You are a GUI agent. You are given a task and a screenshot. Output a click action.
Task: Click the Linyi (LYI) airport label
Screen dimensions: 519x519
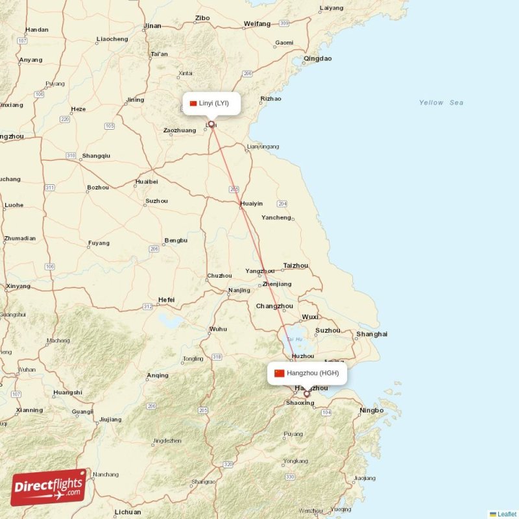[213, 103]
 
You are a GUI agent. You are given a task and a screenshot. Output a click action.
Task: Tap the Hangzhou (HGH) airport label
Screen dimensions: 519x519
[312, 373]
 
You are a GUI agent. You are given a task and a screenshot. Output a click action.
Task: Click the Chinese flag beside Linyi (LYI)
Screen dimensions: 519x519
[193, 103]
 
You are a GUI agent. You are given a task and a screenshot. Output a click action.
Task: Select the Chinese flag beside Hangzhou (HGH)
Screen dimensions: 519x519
[280, 373]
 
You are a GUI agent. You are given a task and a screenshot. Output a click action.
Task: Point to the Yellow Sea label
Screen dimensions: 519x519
[441, 103]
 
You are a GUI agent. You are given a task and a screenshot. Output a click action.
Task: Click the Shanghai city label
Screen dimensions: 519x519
[371, 334]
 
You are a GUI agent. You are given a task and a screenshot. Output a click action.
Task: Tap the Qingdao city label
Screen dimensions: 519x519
[317, 58]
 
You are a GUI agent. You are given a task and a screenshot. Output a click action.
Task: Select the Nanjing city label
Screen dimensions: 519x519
[239, 290]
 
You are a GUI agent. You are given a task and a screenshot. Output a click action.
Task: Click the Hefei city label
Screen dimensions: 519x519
[167, 299]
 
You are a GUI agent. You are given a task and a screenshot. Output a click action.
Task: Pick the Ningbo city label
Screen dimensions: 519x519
[371, 410]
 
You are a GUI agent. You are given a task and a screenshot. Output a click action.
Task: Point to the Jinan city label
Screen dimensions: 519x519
[152, 26]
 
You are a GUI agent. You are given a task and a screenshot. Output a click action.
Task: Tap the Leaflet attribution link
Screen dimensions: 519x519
[507, 514]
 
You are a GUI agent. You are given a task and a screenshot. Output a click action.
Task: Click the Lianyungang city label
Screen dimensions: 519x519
[263, 147]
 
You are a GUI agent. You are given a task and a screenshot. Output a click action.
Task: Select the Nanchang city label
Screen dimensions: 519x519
[106, 474]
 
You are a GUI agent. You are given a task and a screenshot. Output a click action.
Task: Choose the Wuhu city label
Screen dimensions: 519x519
[218, 329]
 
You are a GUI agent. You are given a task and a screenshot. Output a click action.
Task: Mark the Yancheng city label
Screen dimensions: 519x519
[276, 217]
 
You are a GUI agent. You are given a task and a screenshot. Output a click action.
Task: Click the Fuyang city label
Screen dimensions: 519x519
[99, 243]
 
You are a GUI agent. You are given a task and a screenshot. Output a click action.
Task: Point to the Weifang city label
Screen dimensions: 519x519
[257, 23]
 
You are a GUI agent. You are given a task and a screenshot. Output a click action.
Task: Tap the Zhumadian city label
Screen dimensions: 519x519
[19, 238]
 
